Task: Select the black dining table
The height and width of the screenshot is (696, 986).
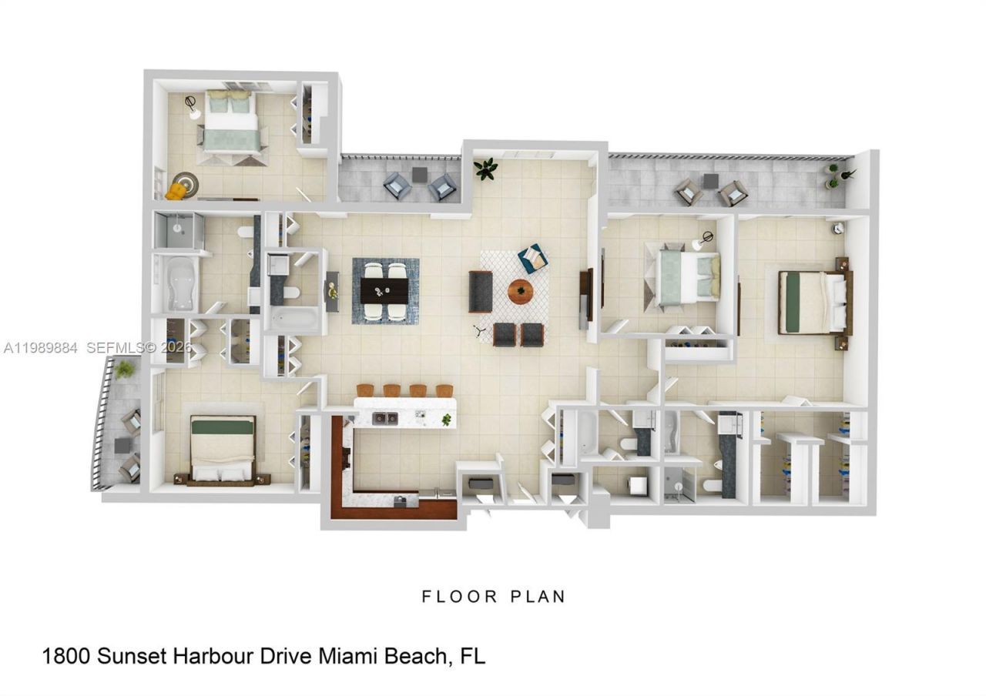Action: (x=384, y=290)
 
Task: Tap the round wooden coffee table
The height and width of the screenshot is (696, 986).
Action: (x=520, y=292)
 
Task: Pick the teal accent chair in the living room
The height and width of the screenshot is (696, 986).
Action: (x=532, y=258)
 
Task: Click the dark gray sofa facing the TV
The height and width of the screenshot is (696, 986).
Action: (x=480, y=291)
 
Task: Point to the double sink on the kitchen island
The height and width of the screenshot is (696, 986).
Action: (x=384, y=418)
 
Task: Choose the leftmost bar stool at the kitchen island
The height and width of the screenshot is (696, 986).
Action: (x=365, y=390)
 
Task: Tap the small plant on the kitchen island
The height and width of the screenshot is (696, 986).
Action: (x=446, y=420)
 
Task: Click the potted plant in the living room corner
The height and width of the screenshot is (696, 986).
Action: (x=485, y=169)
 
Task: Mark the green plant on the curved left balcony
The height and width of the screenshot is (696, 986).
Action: (x=125, y=370)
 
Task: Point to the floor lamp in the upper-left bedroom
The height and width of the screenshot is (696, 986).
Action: (x=192, y=107)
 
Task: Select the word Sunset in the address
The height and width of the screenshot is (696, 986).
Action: (x=134, y=657)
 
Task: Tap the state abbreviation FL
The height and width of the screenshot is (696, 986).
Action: (x=472, y=657)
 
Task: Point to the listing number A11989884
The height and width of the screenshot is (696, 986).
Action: (x=40, y=348)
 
